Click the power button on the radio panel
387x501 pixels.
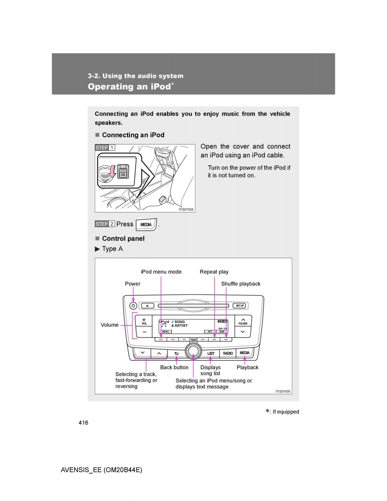(x=133, y=306)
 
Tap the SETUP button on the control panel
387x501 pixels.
(x=240, y=306)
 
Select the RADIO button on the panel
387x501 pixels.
(x=228, y=353)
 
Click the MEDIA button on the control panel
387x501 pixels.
(x=245, y=353)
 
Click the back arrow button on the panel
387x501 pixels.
(x=176, y=353)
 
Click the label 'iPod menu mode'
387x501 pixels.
(x=161, y=272)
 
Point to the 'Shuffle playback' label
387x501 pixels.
(x=240, y=284)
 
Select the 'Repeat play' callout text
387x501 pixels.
(x=214, y=272)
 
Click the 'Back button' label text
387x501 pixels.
(x=174, y=367)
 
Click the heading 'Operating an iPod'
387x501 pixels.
(x=129, y=86)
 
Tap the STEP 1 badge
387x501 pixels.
(x=104, y=147)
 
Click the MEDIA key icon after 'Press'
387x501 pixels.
(x=146, y=225)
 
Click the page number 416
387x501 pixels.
(x=83, y=423)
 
